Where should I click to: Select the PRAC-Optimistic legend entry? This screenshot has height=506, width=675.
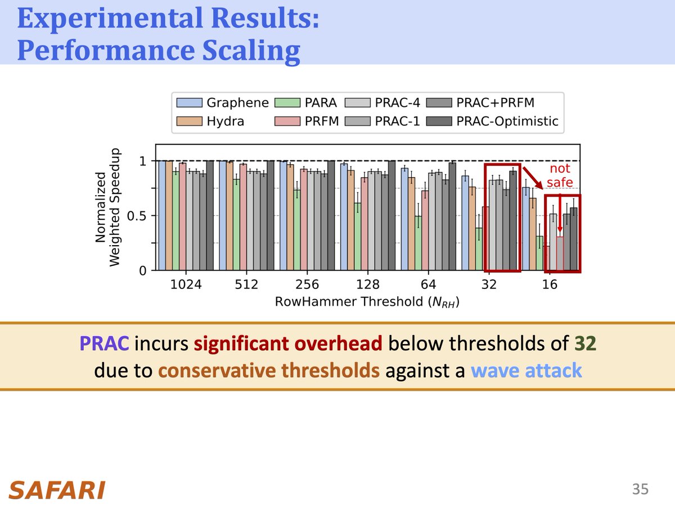[493, 121]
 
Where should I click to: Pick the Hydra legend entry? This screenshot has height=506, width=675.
[211, 121]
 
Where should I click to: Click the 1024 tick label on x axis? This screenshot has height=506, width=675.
[186, 284]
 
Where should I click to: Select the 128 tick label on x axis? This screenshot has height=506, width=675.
[368, 284]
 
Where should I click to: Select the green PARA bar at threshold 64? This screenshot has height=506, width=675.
[418, 243]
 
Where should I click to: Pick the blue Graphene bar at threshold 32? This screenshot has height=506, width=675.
[465, 223]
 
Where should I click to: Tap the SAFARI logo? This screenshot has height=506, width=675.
[57, 490]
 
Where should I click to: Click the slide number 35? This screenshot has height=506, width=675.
[640, 489]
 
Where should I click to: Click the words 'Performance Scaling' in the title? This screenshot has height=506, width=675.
[159, 51]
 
